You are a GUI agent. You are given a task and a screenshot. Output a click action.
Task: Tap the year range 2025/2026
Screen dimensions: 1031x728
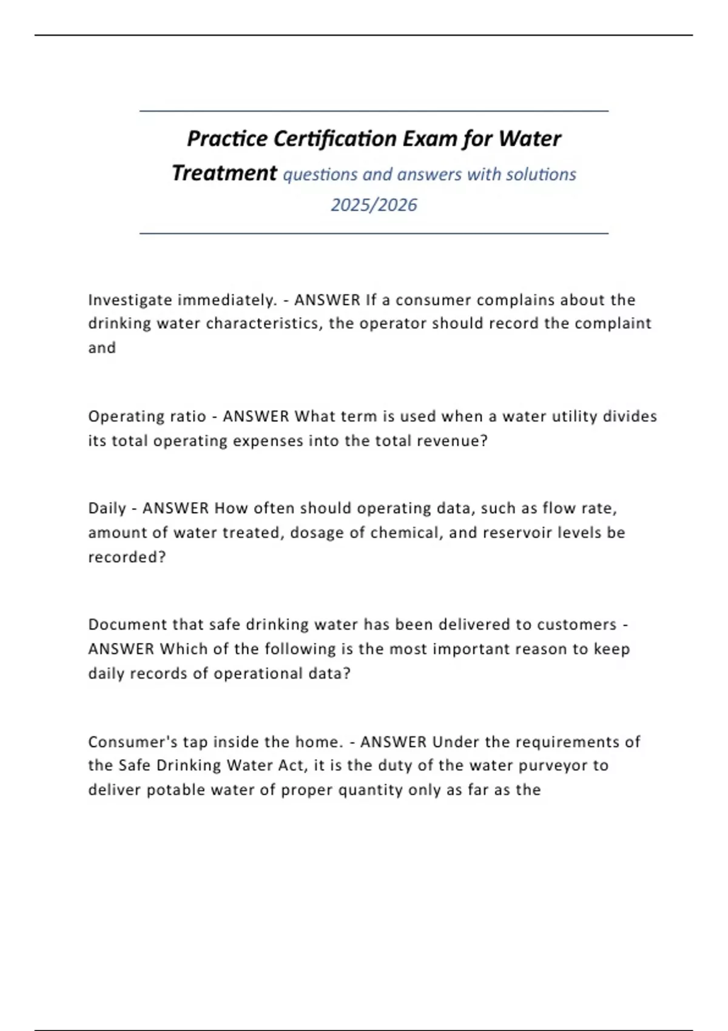point(374,205)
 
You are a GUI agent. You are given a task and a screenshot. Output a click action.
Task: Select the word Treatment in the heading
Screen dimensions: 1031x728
point(224,173)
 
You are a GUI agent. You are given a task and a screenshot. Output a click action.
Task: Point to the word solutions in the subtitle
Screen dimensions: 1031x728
point(541,175)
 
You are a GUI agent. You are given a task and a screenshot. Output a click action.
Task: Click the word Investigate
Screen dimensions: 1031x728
point(130,300)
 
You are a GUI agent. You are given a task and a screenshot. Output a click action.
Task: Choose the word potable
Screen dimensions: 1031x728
point(176,790)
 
